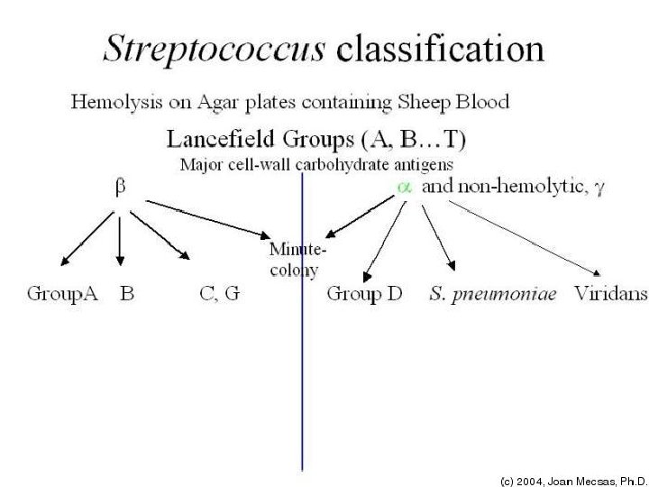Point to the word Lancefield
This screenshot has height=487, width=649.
215,140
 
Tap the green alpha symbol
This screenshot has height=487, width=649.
405,187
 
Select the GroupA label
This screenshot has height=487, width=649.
62,294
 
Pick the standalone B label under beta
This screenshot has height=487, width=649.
127,294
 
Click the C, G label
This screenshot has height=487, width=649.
219,294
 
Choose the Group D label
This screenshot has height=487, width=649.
363,294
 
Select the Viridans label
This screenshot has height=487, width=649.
610,294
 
